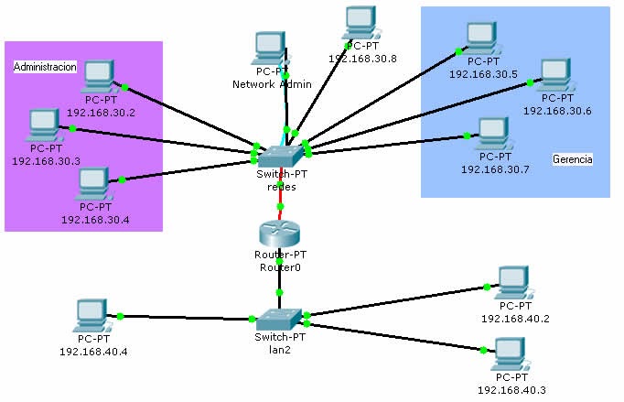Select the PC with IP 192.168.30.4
(94, 184)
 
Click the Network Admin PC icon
(271, 49)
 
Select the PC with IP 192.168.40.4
(92, 316)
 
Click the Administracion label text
(45, 67)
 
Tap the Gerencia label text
(573, 159)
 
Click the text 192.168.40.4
(93, 351)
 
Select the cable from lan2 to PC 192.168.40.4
(183, 318)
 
